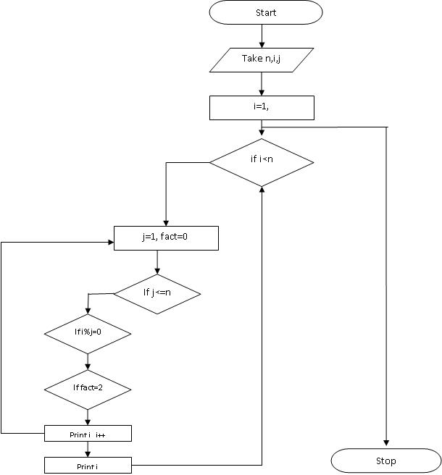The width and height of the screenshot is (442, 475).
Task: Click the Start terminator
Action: (x=265, y=12)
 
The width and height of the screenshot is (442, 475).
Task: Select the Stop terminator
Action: (x=385, y=461)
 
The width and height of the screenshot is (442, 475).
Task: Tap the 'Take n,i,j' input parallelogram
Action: (x=262, y=59)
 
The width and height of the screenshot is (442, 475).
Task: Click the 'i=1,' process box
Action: (x=262, y=107)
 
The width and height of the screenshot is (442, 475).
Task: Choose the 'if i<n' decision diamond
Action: (x=262, y=161)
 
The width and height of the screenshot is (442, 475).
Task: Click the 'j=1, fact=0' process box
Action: (x=166, y=238)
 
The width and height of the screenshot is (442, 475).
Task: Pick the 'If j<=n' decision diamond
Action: (x=157, y=293)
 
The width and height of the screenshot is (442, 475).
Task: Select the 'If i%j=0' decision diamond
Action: (x=88, y=334)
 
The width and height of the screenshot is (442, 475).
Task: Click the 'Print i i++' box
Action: (x=88, y=433)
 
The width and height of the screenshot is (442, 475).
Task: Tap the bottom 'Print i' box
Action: (x=88, y=465)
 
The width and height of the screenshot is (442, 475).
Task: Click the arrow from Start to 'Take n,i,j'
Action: (x=262, y=35)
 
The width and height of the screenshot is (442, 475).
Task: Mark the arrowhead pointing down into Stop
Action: (x=385, y=445)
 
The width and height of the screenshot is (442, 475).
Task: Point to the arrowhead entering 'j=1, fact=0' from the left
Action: (x=110, y=243)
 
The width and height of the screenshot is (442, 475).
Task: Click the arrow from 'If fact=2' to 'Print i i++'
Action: (x=88, y=416)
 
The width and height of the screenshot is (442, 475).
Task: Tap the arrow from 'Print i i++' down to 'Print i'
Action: (x=88, y=449)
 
